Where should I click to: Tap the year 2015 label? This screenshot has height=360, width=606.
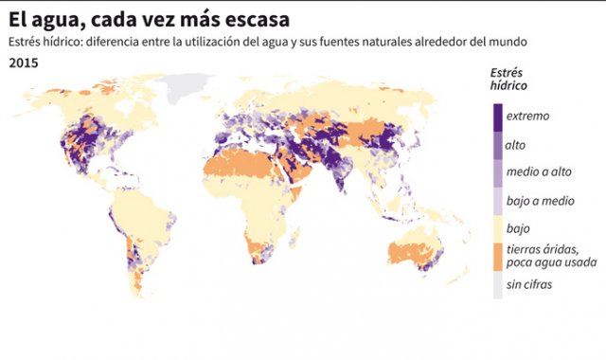[24, 62]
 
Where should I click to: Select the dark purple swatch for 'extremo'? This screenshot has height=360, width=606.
[498, 116]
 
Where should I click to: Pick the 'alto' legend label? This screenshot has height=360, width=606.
[516, 145]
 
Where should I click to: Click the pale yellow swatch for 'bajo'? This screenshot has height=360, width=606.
[498, 228]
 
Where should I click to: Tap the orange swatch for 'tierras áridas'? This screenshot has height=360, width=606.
[498, 256]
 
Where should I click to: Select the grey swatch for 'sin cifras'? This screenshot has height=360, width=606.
[498, 285]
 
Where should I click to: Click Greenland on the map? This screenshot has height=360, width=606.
[189, 87]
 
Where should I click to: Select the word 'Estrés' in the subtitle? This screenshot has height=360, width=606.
[27, 43]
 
